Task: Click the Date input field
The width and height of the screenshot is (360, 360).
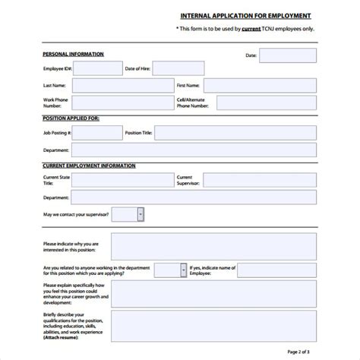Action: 287,55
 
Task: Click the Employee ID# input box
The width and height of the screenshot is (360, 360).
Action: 97,69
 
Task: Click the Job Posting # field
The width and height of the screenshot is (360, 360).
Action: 97,133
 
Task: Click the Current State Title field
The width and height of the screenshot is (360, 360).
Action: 122,180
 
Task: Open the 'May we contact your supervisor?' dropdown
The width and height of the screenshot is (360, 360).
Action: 141,215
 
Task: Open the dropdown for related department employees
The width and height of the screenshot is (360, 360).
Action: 183,270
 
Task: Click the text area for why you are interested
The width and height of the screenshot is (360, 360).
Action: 213,246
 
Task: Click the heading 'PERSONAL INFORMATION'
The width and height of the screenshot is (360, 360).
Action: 74,55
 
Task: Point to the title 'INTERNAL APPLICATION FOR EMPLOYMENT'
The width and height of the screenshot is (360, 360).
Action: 245,15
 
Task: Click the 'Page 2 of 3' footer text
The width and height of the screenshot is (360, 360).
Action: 324,352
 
